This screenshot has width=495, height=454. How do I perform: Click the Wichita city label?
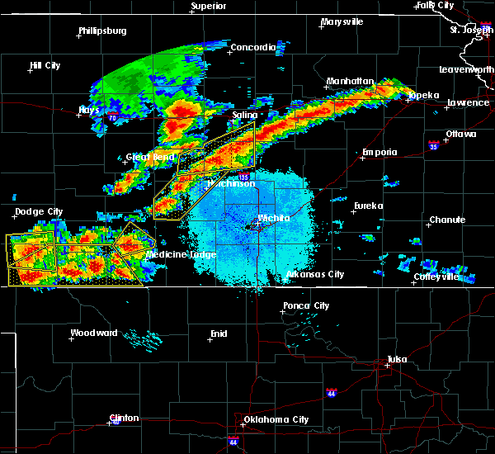(x=274, y=218)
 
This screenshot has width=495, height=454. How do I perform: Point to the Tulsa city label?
(x=399, y=359)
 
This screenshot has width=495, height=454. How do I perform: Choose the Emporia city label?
(x=379, y=152)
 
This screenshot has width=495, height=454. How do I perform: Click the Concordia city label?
(x=252, y=47)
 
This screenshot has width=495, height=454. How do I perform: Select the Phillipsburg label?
(x=102, y=31)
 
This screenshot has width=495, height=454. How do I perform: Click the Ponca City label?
(x=306, y=305)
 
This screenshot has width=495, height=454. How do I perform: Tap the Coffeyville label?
(x=437, y=277)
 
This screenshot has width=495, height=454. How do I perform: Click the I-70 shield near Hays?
(x=111, y=118)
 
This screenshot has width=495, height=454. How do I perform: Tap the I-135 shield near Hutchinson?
(x=243, y=177)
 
